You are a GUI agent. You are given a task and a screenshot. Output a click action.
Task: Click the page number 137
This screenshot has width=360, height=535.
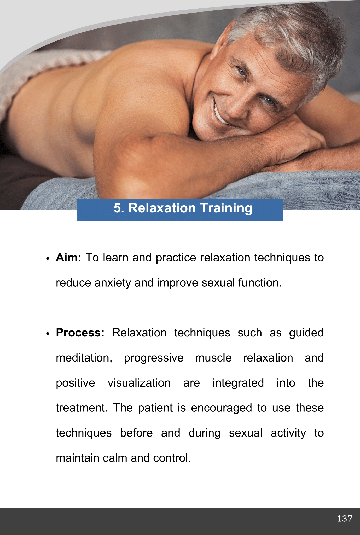[x=345, y=518]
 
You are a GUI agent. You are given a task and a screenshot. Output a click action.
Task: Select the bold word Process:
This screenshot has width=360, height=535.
[x=80, y=333]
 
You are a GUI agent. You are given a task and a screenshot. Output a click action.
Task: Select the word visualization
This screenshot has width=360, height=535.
[x=139, y=383]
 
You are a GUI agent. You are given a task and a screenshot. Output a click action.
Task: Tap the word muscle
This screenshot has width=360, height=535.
[x=213, y=358]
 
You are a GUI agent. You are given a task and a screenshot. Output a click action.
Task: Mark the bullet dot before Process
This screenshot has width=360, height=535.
[x=48, y=334]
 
